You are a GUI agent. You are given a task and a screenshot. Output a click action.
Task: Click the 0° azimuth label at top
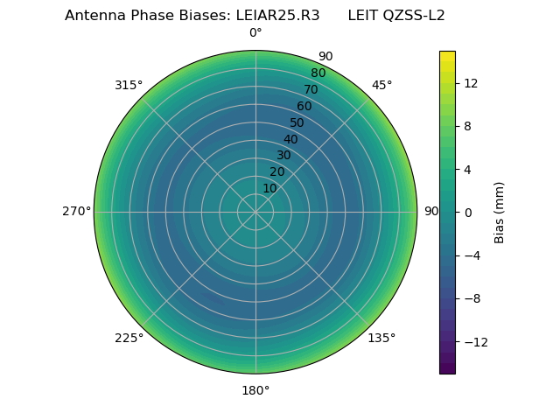(x=255, y=33)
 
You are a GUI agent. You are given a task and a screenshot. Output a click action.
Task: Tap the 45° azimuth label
(x=381, y=85)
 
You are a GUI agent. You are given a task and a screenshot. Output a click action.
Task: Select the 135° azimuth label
(x=381, y=338)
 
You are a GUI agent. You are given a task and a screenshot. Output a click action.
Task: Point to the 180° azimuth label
(x=255, y=390)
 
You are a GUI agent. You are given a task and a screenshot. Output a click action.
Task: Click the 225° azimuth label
(x=129, y=338)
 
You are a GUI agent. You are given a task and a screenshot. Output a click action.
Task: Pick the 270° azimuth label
(x=77, y=212)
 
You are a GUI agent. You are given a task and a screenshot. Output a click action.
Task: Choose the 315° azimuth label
(x=129, y=85)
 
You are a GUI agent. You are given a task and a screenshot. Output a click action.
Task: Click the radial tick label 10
(x=269, y=188)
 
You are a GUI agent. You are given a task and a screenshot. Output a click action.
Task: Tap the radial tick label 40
(x=290, y=139)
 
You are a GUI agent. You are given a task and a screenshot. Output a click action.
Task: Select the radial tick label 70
(x=311, y=89)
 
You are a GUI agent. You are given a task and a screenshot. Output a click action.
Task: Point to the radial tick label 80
(x=318, y=73)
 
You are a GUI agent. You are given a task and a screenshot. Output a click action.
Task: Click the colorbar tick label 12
(x=470, y=83)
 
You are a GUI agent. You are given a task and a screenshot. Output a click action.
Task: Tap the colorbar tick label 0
(x=467, y=213)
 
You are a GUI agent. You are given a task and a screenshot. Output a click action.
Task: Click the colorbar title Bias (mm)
(x=500, y=213)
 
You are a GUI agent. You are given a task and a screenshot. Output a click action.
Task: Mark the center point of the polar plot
(x=255, y=212)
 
